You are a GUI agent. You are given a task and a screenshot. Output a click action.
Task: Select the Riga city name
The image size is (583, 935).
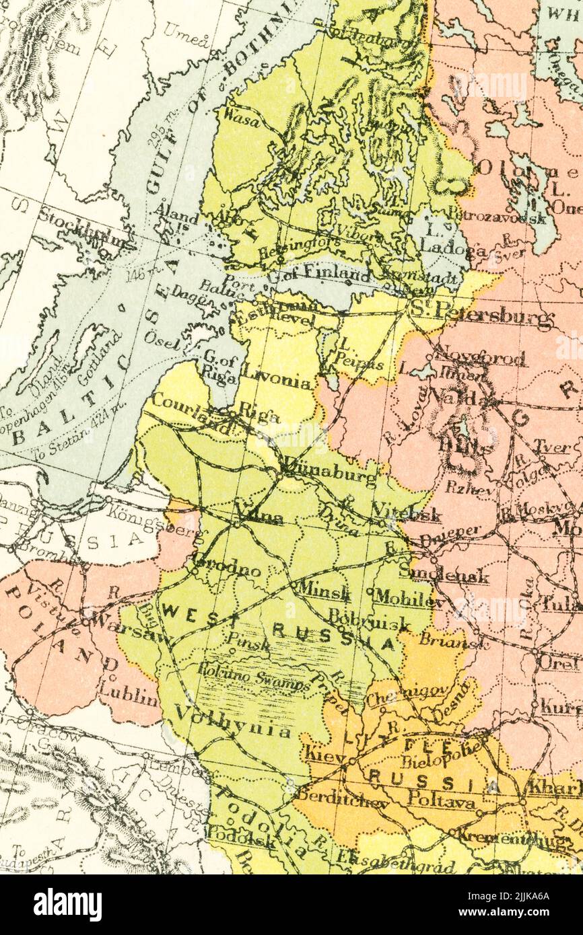point(259,414)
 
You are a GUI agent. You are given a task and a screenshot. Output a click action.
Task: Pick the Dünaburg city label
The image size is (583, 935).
point(331,470)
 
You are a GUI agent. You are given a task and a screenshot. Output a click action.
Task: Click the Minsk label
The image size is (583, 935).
point(325,590)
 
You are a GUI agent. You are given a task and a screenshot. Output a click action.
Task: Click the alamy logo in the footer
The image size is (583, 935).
point(67,905)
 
